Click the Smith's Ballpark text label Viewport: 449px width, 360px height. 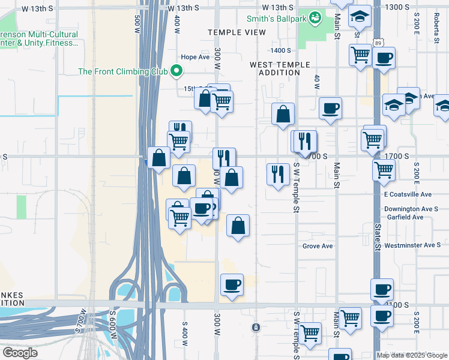click(275, 18)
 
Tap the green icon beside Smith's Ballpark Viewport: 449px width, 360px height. click(313, 18)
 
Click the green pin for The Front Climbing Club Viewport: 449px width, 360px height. click(176, 71)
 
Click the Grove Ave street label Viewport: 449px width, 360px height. click(318, 246)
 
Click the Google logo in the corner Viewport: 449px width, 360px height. click(20, 352)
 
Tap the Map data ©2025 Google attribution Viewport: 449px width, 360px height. click(412, 355)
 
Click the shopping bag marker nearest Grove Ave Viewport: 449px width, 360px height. click(238, 226)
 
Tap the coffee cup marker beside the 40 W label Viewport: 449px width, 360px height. click(330, 109)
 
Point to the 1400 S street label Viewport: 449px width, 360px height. click(280, 51)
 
